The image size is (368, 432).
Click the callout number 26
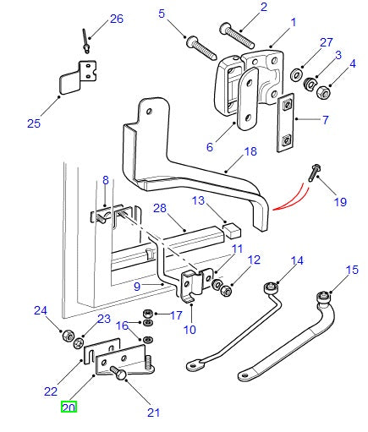tap(116, 19)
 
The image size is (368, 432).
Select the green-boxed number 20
tap(69, 407)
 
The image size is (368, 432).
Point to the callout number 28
tap(158, 209)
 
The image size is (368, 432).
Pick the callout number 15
tap(351, 270)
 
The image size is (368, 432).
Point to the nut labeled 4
tap(323, 92)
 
